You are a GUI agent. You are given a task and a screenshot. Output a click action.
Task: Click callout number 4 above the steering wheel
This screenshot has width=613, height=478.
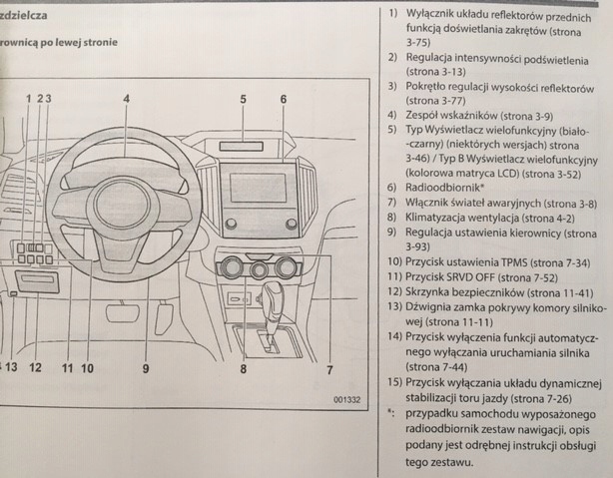[127, 99]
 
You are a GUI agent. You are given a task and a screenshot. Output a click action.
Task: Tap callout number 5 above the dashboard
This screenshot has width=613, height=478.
[243, 99]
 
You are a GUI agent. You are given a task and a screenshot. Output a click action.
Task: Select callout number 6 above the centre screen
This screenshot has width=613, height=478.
[283, 99]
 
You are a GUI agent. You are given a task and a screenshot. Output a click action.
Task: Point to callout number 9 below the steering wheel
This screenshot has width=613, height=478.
[146, 368]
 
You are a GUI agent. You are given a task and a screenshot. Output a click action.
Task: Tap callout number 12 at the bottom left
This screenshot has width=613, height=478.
[35, 368]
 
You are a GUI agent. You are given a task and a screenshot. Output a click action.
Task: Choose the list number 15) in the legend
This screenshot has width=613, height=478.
[392, 384]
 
